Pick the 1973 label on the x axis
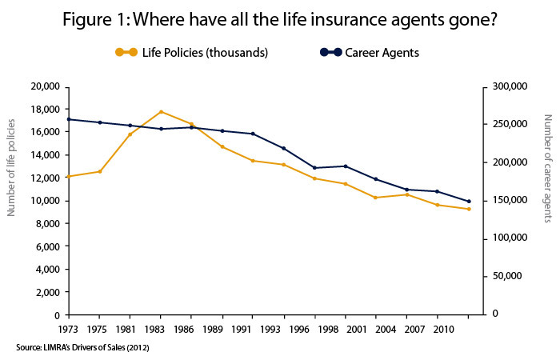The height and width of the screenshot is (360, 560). click(x=69, y=328)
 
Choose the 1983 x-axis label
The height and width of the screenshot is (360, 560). click(x=162, y=328)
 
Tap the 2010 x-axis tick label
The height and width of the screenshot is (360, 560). click(x=438, y=328)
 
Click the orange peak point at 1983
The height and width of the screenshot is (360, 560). click(x=162, y=111)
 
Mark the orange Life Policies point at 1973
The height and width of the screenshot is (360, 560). click(x=69, y=176)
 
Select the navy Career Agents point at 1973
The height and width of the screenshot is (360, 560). click(x=69, y=119)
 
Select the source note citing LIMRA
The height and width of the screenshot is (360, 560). click(x=82, y=347)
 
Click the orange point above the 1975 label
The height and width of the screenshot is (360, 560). click(x=100, y=171)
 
